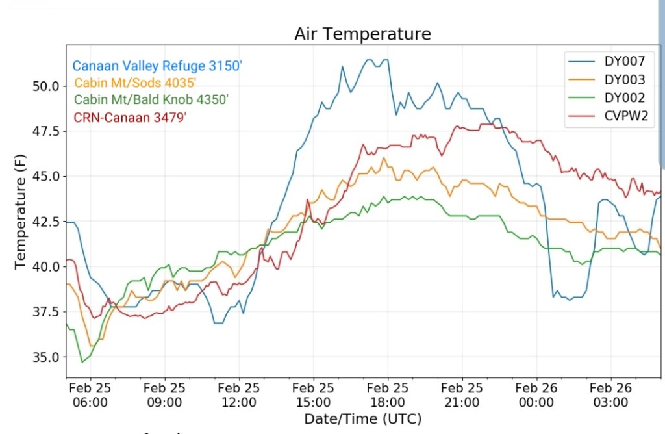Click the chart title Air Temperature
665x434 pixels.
coord(362,33)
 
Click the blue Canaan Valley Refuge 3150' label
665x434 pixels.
coord(157,66)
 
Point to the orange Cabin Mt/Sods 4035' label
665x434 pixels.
coord(135,83)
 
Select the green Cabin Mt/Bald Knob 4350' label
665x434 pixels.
coord(151,99)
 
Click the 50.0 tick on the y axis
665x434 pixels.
coord(46,86)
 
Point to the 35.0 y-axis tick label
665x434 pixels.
coord(46,357)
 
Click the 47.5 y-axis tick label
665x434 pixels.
coord(46,132)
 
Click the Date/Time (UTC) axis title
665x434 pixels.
coord(362,418)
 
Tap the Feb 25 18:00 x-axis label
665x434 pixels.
coord(388,394)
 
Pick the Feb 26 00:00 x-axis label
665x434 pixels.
coord(536,394)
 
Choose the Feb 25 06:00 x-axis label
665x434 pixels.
coord(90,394)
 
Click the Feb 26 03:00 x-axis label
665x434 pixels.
coord(611,394)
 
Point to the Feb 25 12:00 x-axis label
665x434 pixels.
coord(239,394)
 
